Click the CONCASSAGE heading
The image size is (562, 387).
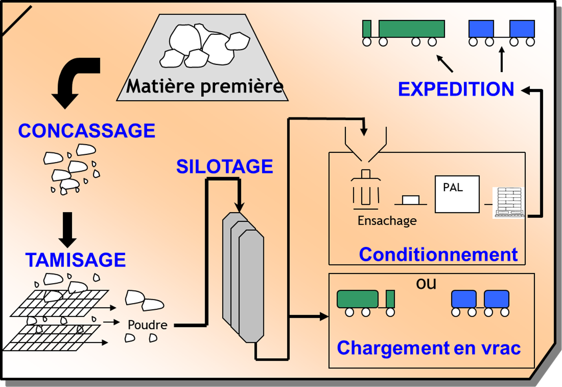86,131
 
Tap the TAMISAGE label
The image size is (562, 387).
76,260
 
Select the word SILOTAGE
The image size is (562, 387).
224,166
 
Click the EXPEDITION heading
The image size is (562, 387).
456,89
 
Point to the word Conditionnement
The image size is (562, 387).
438,254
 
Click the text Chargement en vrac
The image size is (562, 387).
428,348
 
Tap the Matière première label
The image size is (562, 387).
204,86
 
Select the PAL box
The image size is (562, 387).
457,194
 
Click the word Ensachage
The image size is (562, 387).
387,221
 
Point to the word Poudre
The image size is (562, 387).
147,325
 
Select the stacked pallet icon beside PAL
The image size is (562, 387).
509,202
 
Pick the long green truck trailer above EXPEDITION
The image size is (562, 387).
411,29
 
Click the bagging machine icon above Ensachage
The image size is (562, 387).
365,190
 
